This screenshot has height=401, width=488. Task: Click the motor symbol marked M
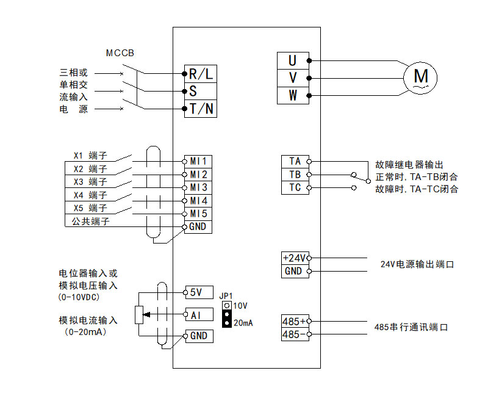click(x=421, y=78)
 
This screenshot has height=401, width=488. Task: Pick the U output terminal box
click(x=293, y=60)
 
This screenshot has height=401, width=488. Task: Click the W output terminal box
click(x=293, y=95)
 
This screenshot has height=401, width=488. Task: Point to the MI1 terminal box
click(x=198, y=161)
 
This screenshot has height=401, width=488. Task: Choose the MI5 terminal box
click(x=198, y=214)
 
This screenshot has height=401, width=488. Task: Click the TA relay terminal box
click(x=295, y=161)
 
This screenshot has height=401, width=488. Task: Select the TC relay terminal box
click(x=295, y=187)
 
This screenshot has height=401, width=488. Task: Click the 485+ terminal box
click(x=295, y=320)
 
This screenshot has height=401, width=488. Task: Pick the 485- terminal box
click(x=295, y=334)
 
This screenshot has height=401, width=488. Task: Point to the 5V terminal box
click(x=198, y=292)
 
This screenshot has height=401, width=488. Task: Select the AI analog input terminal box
click(x=198, y=314)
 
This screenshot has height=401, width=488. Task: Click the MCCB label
click(x=120, y=53)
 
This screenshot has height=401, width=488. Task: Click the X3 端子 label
click(x=90, y=182)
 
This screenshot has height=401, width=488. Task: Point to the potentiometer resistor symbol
click(x=138, y=314)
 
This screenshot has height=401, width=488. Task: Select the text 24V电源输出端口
click(x=417, y=264)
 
